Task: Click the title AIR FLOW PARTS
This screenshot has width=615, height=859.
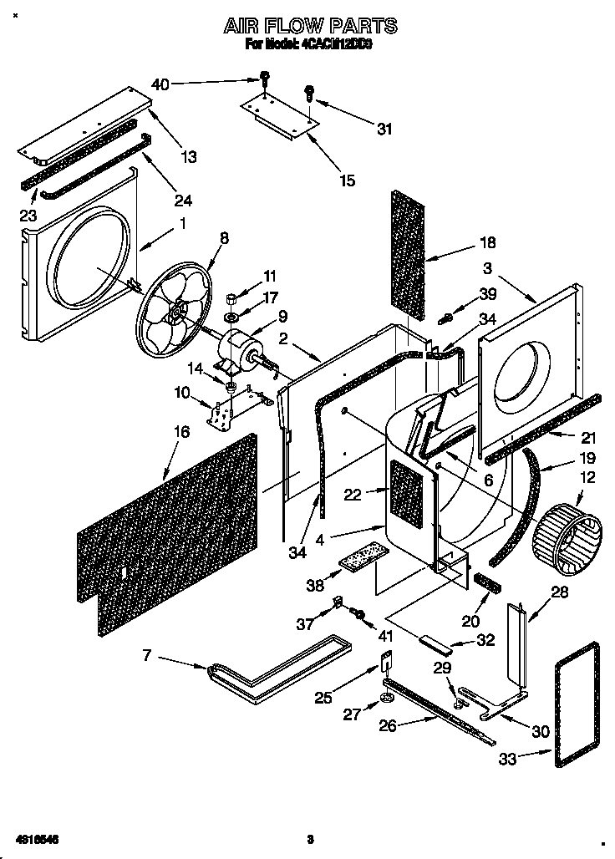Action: coord(310,27)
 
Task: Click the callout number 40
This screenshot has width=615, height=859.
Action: coord(160,84)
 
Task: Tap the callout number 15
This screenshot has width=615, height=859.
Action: coord(347,180)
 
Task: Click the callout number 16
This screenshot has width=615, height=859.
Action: coord(181,431)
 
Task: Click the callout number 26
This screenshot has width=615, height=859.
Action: coord(387,724)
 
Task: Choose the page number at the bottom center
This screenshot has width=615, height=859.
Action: coord(309,839)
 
